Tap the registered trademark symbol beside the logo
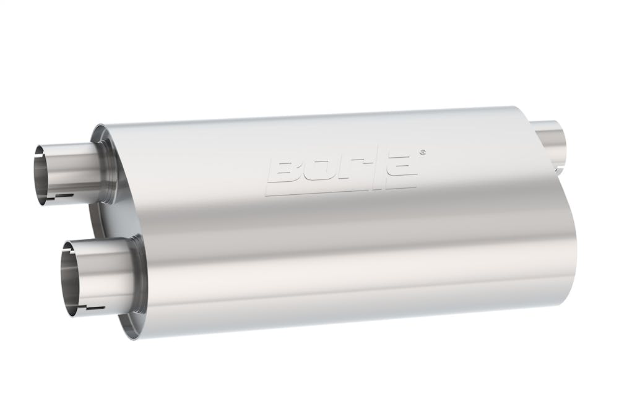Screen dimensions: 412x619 (x=422, y=151)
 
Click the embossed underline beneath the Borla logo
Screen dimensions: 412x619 (x=340, y=191)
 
